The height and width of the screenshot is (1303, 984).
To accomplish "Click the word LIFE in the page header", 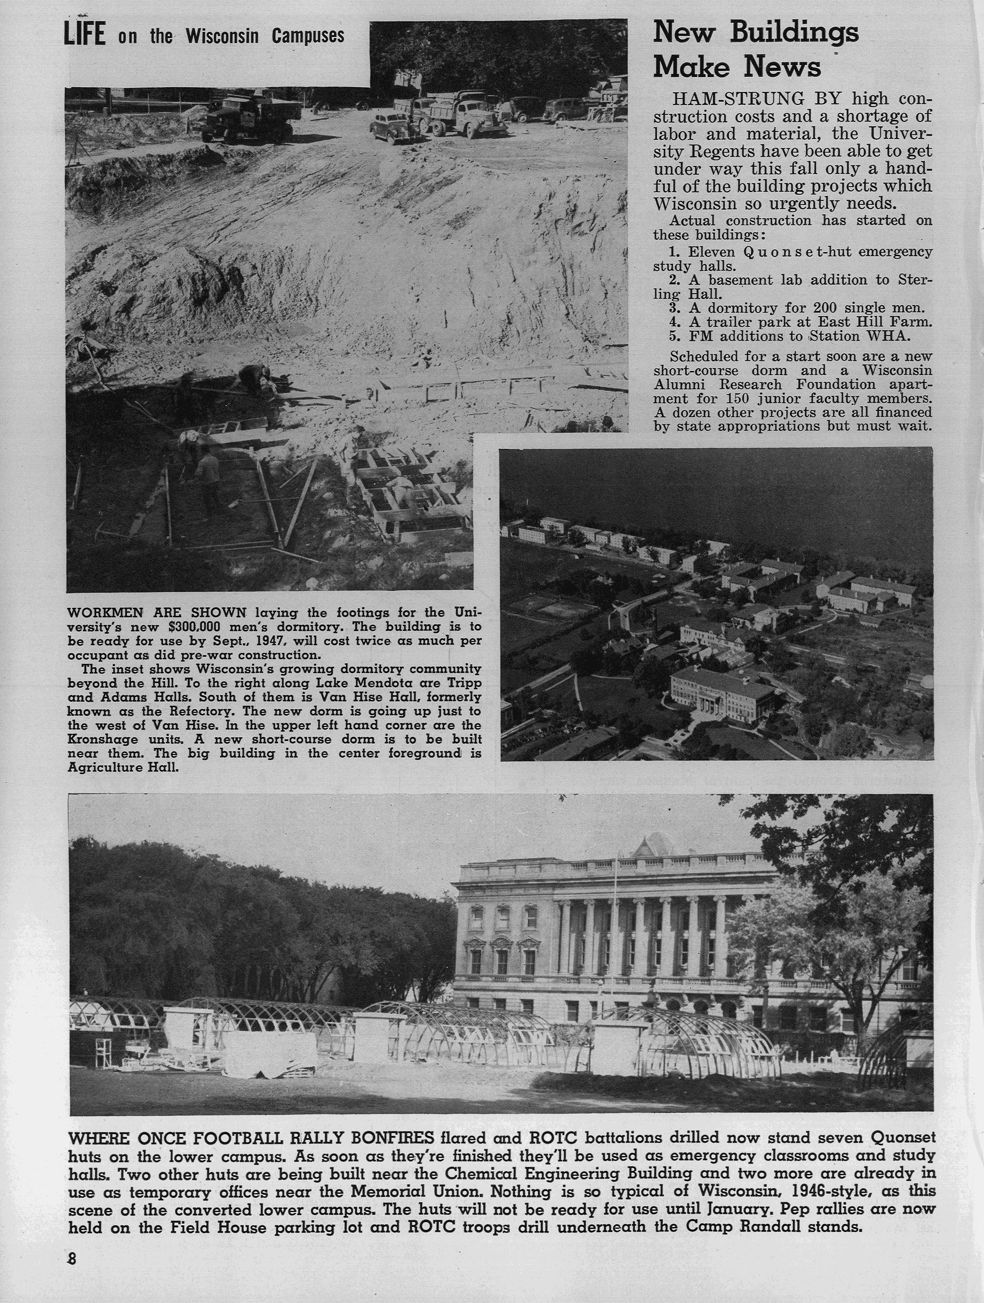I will [x=84, y=35].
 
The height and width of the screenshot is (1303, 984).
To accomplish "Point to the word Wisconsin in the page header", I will [x=222, y=36].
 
